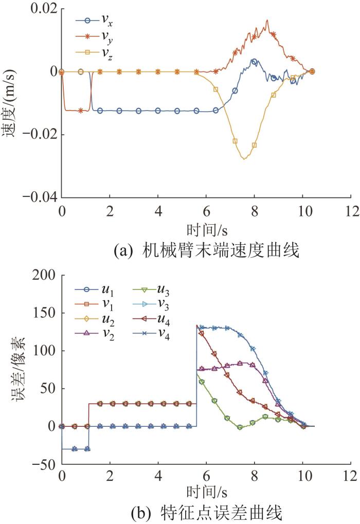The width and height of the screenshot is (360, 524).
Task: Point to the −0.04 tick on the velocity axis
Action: (x=39, y=197)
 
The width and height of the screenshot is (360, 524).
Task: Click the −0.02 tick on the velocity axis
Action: (x=39, y=135)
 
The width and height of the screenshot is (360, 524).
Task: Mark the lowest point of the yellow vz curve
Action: (x=244, y=159)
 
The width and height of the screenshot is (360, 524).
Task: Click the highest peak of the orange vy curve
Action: (x=267, y=21)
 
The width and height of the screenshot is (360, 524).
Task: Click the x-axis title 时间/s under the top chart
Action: (x=205, y=226)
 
